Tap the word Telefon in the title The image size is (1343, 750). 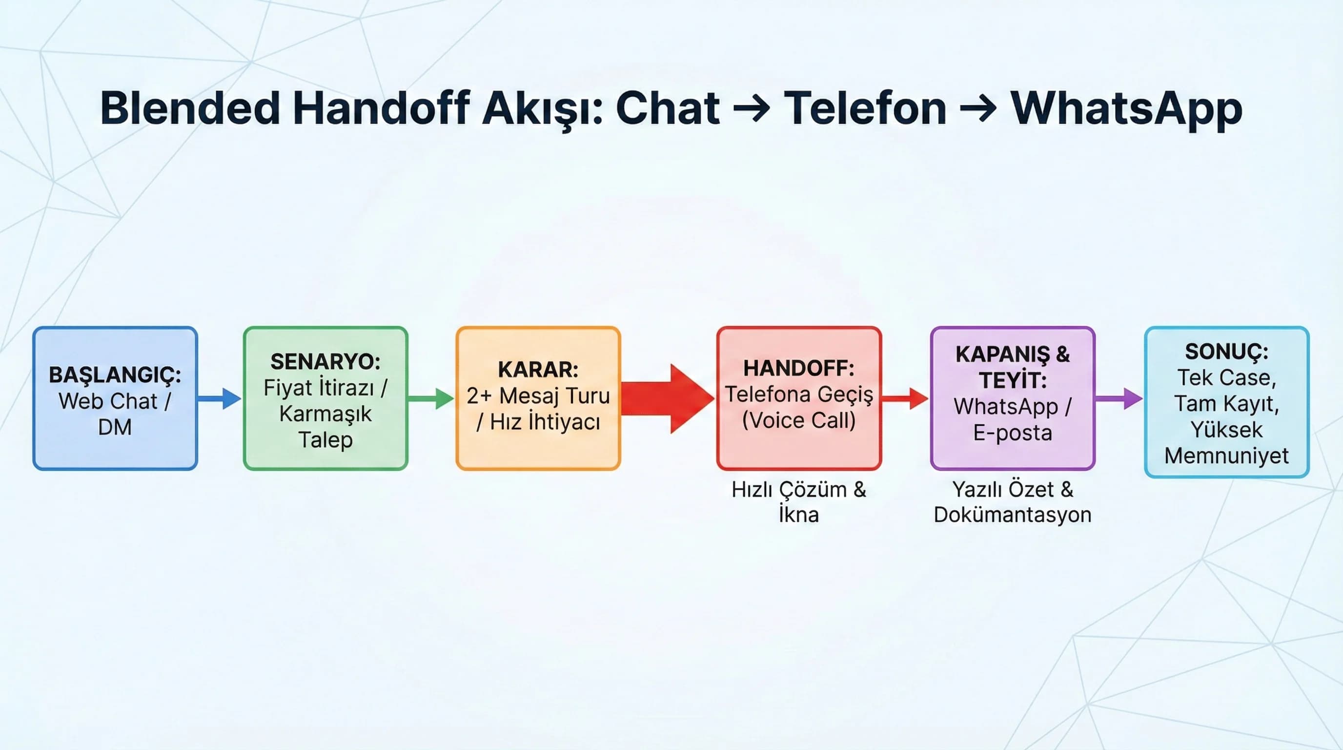[865, 108]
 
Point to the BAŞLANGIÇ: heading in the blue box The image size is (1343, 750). [115, 375]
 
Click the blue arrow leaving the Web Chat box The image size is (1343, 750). [220, 398]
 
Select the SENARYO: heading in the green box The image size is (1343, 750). [326, 361]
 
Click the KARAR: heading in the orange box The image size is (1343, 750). [538, 369]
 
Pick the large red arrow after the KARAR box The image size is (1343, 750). [667, 398]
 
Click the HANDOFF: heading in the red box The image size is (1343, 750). [799, 368]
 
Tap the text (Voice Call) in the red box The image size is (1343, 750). [799, 420]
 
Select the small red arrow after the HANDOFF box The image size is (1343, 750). [905, 398]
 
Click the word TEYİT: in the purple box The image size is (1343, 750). [1013, 380]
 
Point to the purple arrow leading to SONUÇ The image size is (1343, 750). [1119, 398]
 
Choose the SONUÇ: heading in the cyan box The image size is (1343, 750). [1226, 352]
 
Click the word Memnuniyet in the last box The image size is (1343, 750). [1226, 456]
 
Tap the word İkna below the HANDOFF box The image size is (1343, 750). [799, 515]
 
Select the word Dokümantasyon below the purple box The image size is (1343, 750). [1013, 515]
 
